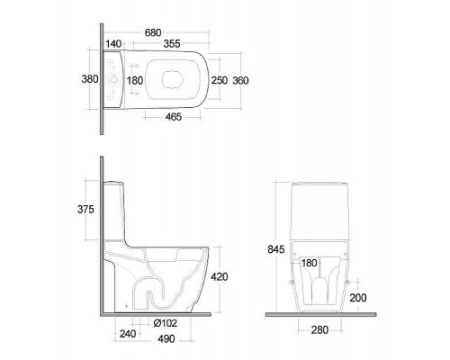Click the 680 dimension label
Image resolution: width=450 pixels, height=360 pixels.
click(153, 32)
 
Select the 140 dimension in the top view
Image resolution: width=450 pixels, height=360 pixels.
click(113, 44)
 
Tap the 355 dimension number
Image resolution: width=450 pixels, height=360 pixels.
click(172, 44)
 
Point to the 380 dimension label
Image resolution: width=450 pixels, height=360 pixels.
click(90, 79)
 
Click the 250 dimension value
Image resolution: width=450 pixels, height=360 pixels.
click(220, 80)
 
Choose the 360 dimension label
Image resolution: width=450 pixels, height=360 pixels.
click(240, 80)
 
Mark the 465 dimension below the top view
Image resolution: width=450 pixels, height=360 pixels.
click(174, 117)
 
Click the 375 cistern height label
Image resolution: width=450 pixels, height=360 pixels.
click(85, 210)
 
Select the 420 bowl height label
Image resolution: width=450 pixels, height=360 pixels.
click(220, 276)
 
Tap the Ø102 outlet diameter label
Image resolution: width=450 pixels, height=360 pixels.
click(165, 323)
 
